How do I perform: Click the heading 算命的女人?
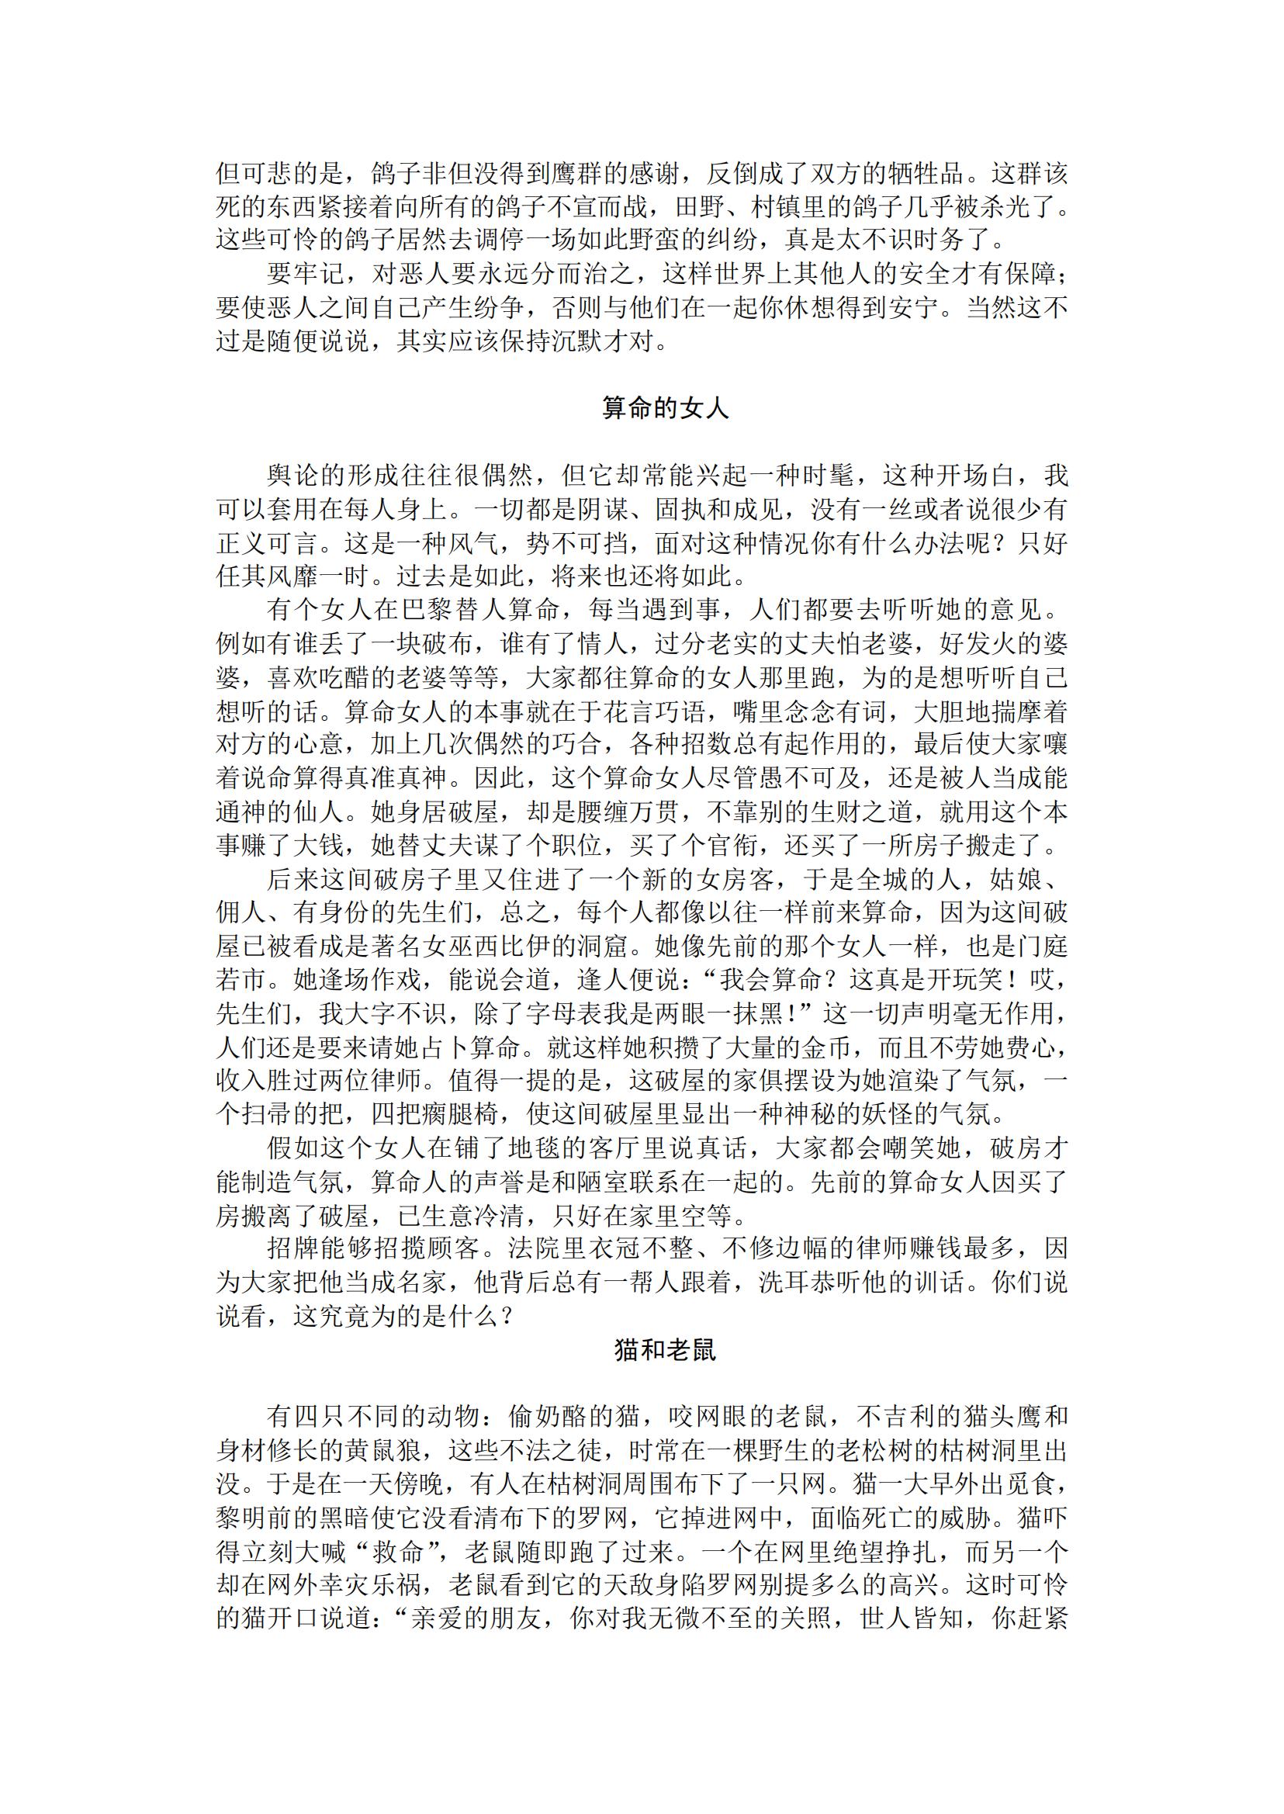[665, 408]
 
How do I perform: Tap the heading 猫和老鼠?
[665, 1350]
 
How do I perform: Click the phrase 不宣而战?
[602, 207]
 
